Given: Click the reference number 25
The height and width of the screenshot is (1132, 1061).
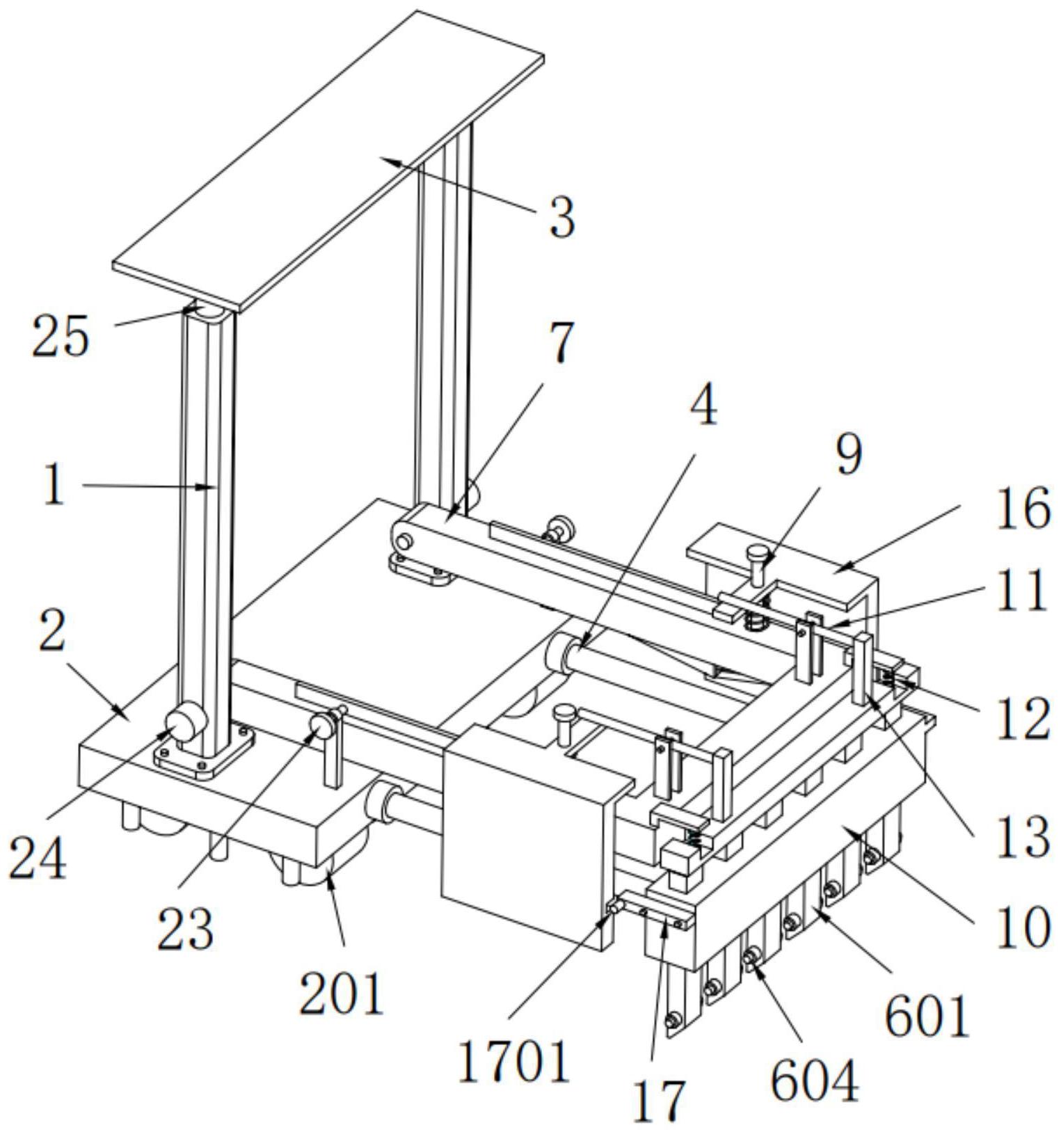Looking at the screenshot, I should click(x=61, y=336).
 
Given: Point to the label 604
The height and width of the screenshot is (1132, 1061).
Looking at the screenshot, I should click(x=815, y=1082).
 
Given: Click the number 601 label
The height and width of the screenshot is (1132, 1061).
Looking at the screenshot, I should click(x=927, y=1017).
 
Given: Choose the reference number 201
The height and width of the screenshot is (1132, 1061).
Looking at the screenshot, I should click(x=342, y=993).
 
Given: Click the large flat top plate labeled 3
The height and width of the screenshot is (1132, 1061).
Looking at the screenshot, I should click(x=327, y=160).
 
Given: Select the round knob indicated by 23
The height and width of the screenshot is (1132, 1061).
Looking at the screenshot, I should click(x=321, y=727).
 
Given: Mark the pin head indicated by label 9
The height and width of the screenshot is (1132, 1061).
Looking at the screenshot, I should click(x=758, y=555).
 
